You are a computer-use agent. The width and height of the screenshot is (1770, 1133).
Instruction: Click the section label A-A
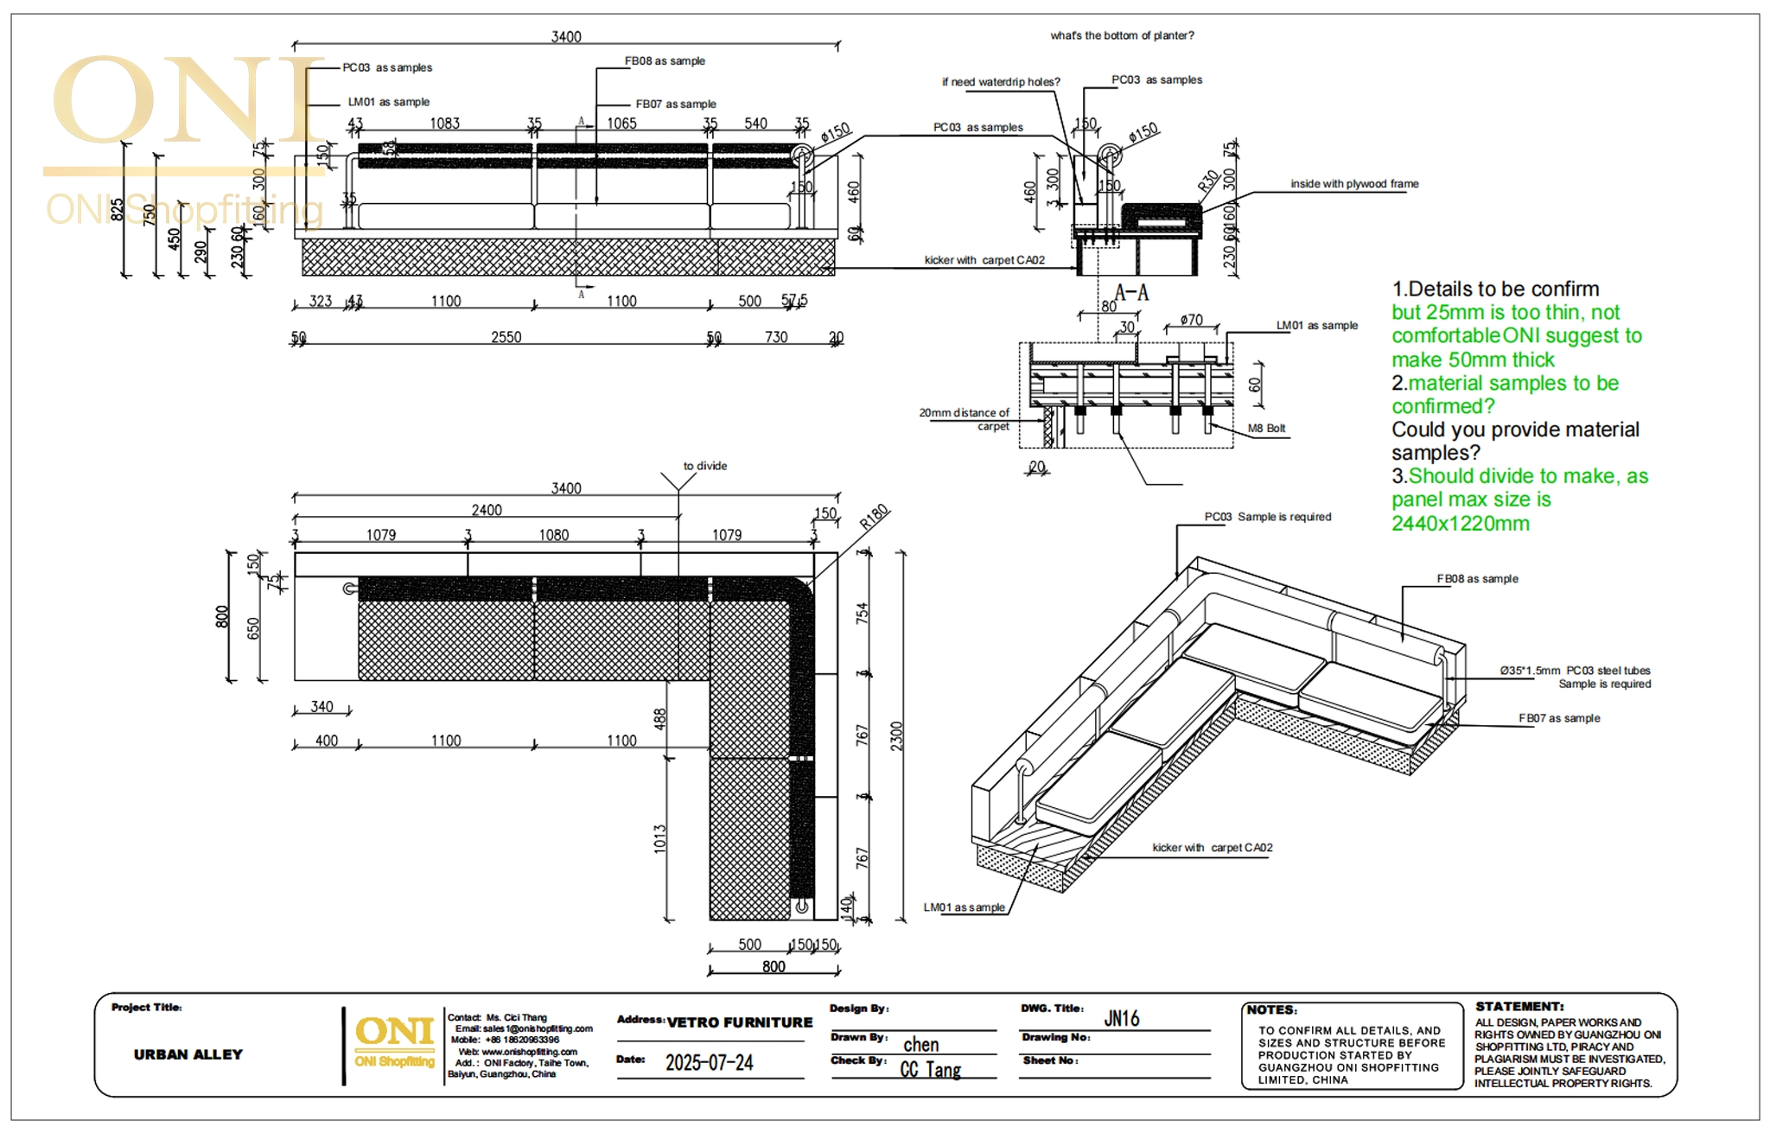click(1131, 292)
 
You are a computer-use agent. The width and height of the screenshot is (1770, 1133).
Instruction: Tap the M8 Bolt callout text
click(1266, 429)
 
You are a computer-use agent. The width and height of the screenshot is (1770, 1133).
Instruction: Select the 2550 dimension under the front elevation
click(506, 337)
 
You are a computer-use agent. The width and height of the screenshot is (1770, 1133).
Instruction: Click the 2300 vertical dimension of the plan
click(896, 735)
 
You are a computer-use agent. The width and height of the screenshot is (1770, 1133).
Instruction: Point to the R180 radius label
click(874, 517)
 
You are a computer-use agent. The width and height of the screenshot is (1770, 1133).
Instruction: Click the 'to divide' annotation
click(704, 466)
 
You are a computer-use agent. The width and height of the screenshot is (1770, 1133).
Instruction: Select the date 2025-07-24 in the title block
click(709, 1063)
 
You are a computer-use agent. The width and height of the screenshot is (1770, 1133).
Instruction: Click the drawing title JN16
click(1121, 1019)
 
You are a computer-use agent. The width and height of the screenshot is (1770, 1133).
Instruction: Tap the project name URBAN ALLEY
click(188, 1054)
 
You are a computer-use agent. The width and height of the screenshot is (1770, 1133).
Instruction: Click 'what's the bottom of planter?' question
click(1122, 35)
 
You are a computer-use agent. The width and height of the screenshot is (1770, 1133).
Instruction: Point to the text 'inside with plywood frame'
click(1354, 184)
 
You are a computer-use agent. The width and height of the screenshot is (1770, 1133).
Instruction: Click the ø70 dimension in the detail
click(1191, 320)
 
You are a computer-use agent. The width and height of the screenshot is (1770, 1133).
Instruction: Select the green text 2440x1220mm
click(1460, 524)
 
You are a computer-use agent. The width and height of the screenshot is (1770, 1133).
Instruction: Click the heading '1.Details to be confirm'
click(1495, 290)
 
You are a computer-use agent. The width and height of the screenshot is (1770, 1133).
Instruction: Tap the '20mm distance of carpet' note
click(965, 419)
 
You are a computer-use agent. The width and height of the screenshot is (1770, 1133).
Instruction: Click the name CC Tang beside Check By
click(930, 1070)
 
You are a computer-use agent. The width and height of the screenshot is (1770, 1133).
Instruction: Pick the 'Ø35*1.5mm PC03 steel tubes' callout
click(1575, 671)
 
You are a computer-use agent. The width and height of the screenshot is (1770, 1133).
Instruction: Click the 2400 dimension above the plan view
click(487, 510)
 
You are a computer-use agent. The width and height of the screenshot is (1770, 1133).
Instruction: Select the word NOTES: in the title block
click(1271, 1009)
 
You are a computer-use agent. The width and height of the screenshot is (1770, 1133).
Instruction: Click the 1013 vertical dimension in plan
click(660, 838)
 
